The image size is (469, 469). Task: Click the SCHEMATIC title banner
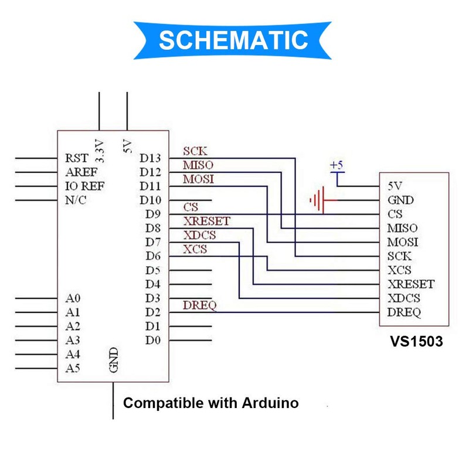[233, 40]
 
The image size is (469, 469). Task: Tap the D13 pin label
[150, 158]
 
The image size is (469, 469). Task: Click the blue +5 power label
[337, 165]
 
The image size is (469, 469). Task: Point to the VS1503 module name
[416, 341]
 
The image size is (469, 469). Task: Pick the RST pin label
[77, 158]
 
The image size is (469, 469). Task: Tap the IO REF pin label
[84, 186]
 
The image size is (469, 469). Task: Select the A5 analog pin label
[73, 368]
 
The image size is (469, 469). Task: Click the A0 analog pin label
[73, 298]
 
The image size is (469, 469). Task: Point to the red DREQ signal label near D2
[199, 305]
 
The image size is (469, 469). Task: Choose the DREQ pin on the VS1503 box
[404, 312]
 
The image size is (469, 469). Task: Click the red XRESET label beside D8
[207, 221]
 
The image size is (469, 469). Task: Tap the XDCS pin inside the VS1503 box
[404, 298]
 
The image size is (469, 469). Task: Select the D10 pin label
[150, 200]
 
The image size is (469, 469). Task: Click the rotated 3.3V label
[99, 151]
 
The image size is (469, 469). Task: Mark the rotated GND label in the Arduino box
[114, 360]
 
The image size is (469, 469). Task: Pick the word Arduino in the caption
[270, 403]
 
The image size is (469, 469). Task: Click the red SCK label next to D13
[195, 151]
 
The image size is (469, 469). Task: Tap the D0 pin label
[153, 341]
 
